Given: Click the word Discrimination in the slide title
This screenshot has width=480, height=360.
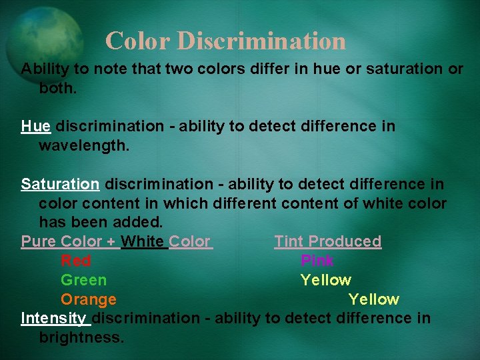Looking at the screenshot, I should click(x=262, y=41).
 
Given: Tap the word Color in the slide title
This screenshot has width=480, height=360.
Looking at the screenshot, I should click(x=138, y=41).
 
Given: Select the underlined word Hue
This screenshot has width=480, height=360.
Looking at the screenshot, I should click(x=35, y=126).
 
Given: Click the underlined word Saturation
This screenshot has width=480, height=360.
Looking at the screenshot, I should click(x=60, y=183).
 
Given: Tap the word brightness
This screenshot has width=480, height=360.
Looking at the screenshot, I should click(x=81, y=337).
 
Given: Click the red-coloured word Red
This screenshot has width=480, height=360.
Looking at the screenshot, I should click(x=75, y=261).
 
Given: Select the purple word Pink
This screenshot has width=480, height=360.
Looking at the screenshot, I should click(x=317, y=261).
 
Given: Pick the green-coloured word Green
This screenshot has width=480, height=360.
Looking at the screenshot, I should click(x=83, y=280).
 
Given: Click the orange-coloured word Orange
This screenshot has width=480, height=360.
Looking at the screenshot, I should click(x=88, y=299).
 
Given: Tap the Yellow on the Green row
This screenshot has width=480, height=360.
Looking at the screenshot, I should click(x=325, y=280).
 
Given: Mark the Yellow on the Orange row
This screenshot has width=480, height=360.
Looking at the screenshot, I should click(x=373, y=299).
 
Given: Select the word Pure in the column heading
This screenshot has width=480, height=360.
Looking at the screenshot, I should click(x=38, y=241).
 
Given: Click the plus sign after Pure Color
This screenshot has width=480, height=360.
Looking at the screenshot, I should click(x=111, y=242).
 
